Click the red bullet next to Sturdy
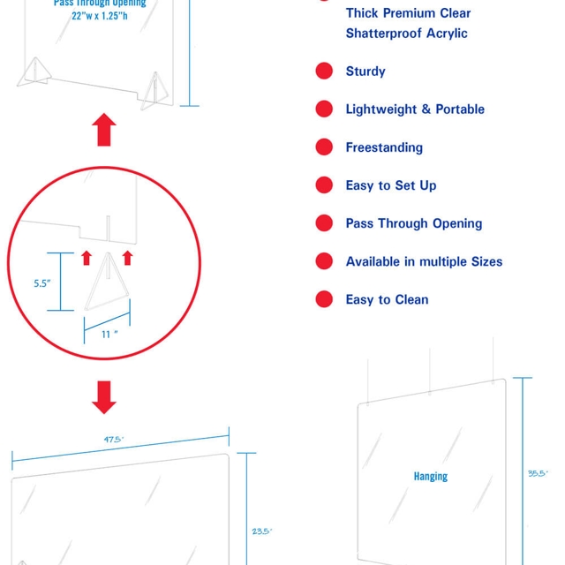point(324,71)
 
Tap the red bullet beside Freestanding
point(324,147)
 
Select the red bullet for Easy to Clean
point(324,299)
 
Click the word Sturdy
point(365,71)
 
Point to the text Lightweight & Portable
point(415,109)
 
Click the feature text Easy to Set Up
point(391,185)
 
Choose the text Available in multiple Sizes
point(424,261)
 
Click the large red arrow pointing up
point(104,130)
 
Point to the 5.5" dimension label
point(42,283)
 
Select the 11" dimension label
point(109,335)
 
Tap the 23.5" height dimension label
point(262,531)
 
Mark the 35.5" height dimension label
point(538,473)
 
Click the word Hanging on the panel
point(431,477)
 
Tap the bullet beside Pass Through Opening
point(324,223)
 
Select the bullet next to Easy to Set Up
point(324,185)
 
